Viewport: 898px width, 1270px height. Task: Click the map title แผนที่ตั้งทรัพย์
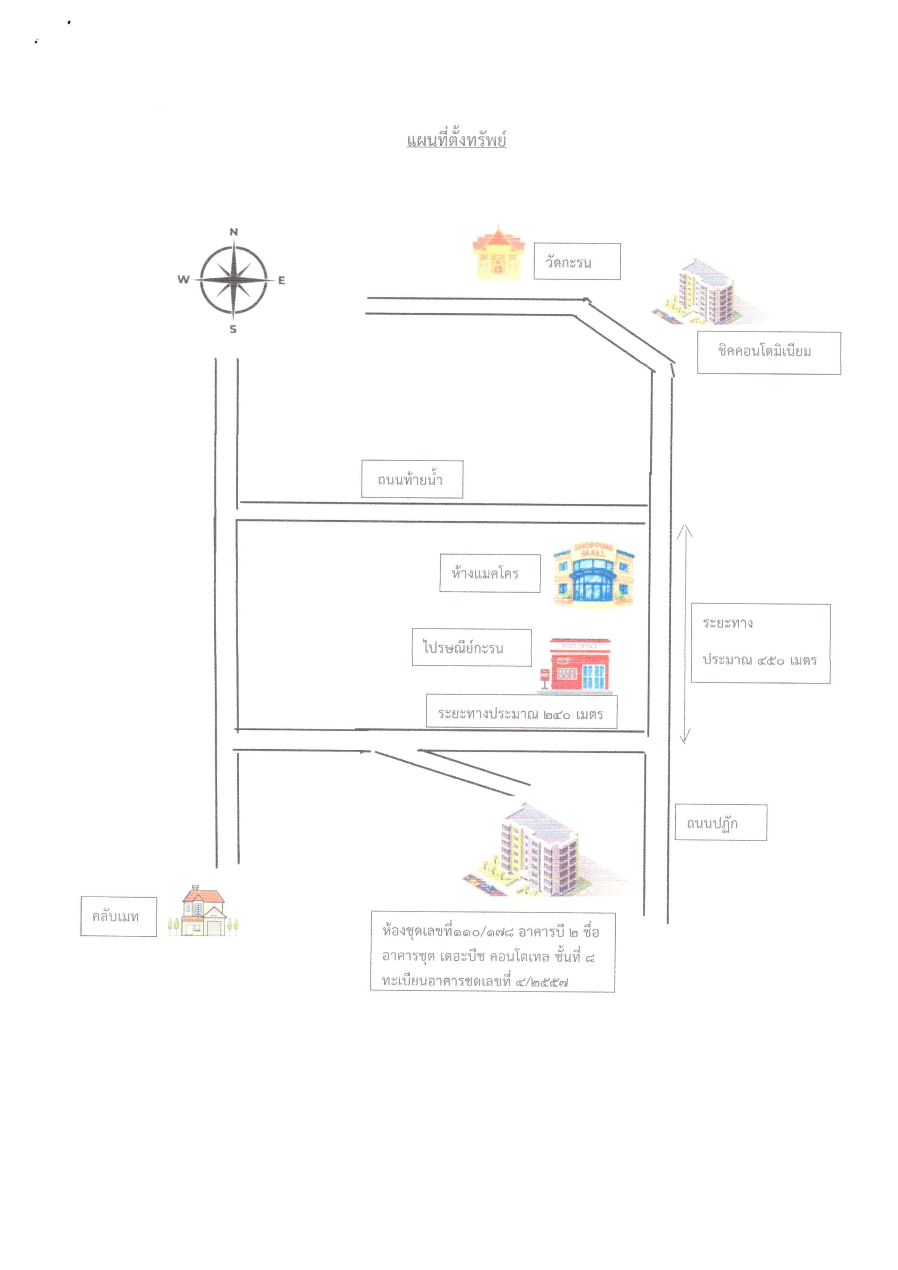click(x=456, y=139)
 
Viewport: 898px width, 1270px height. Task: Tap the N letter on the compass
click(x=234, y=232)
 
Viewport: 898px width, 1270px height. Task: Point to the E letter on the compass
click(x=282, y=280)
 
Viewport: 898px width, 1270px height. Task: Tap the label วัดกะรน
click(x=577, y=262)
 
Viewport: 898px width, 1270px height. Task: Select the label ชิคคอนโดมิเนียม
click(x=769, y=353)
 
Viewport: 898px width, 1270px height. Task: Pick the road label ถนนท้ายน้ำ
click(x=412, y=479)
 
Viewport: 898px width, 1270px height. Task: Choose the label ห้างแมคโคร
click(x=490, y=573)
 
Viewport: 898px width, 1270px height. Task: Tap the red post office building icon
click(x=576, y=666)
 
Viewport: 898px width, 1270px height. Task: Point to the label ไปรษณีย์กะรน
click(x=472, y=647)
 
